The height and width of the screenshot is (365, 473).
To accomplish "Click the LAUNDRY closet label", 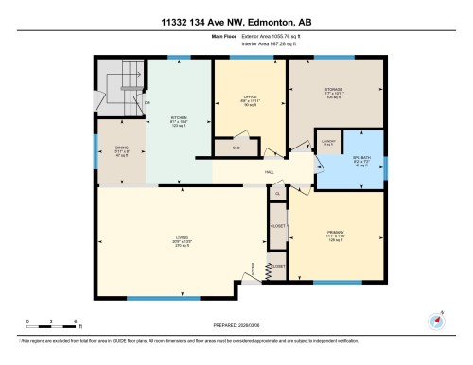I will pos(326,142).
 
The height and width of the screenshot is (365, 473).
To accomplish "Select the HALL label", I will pos(269,171).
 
